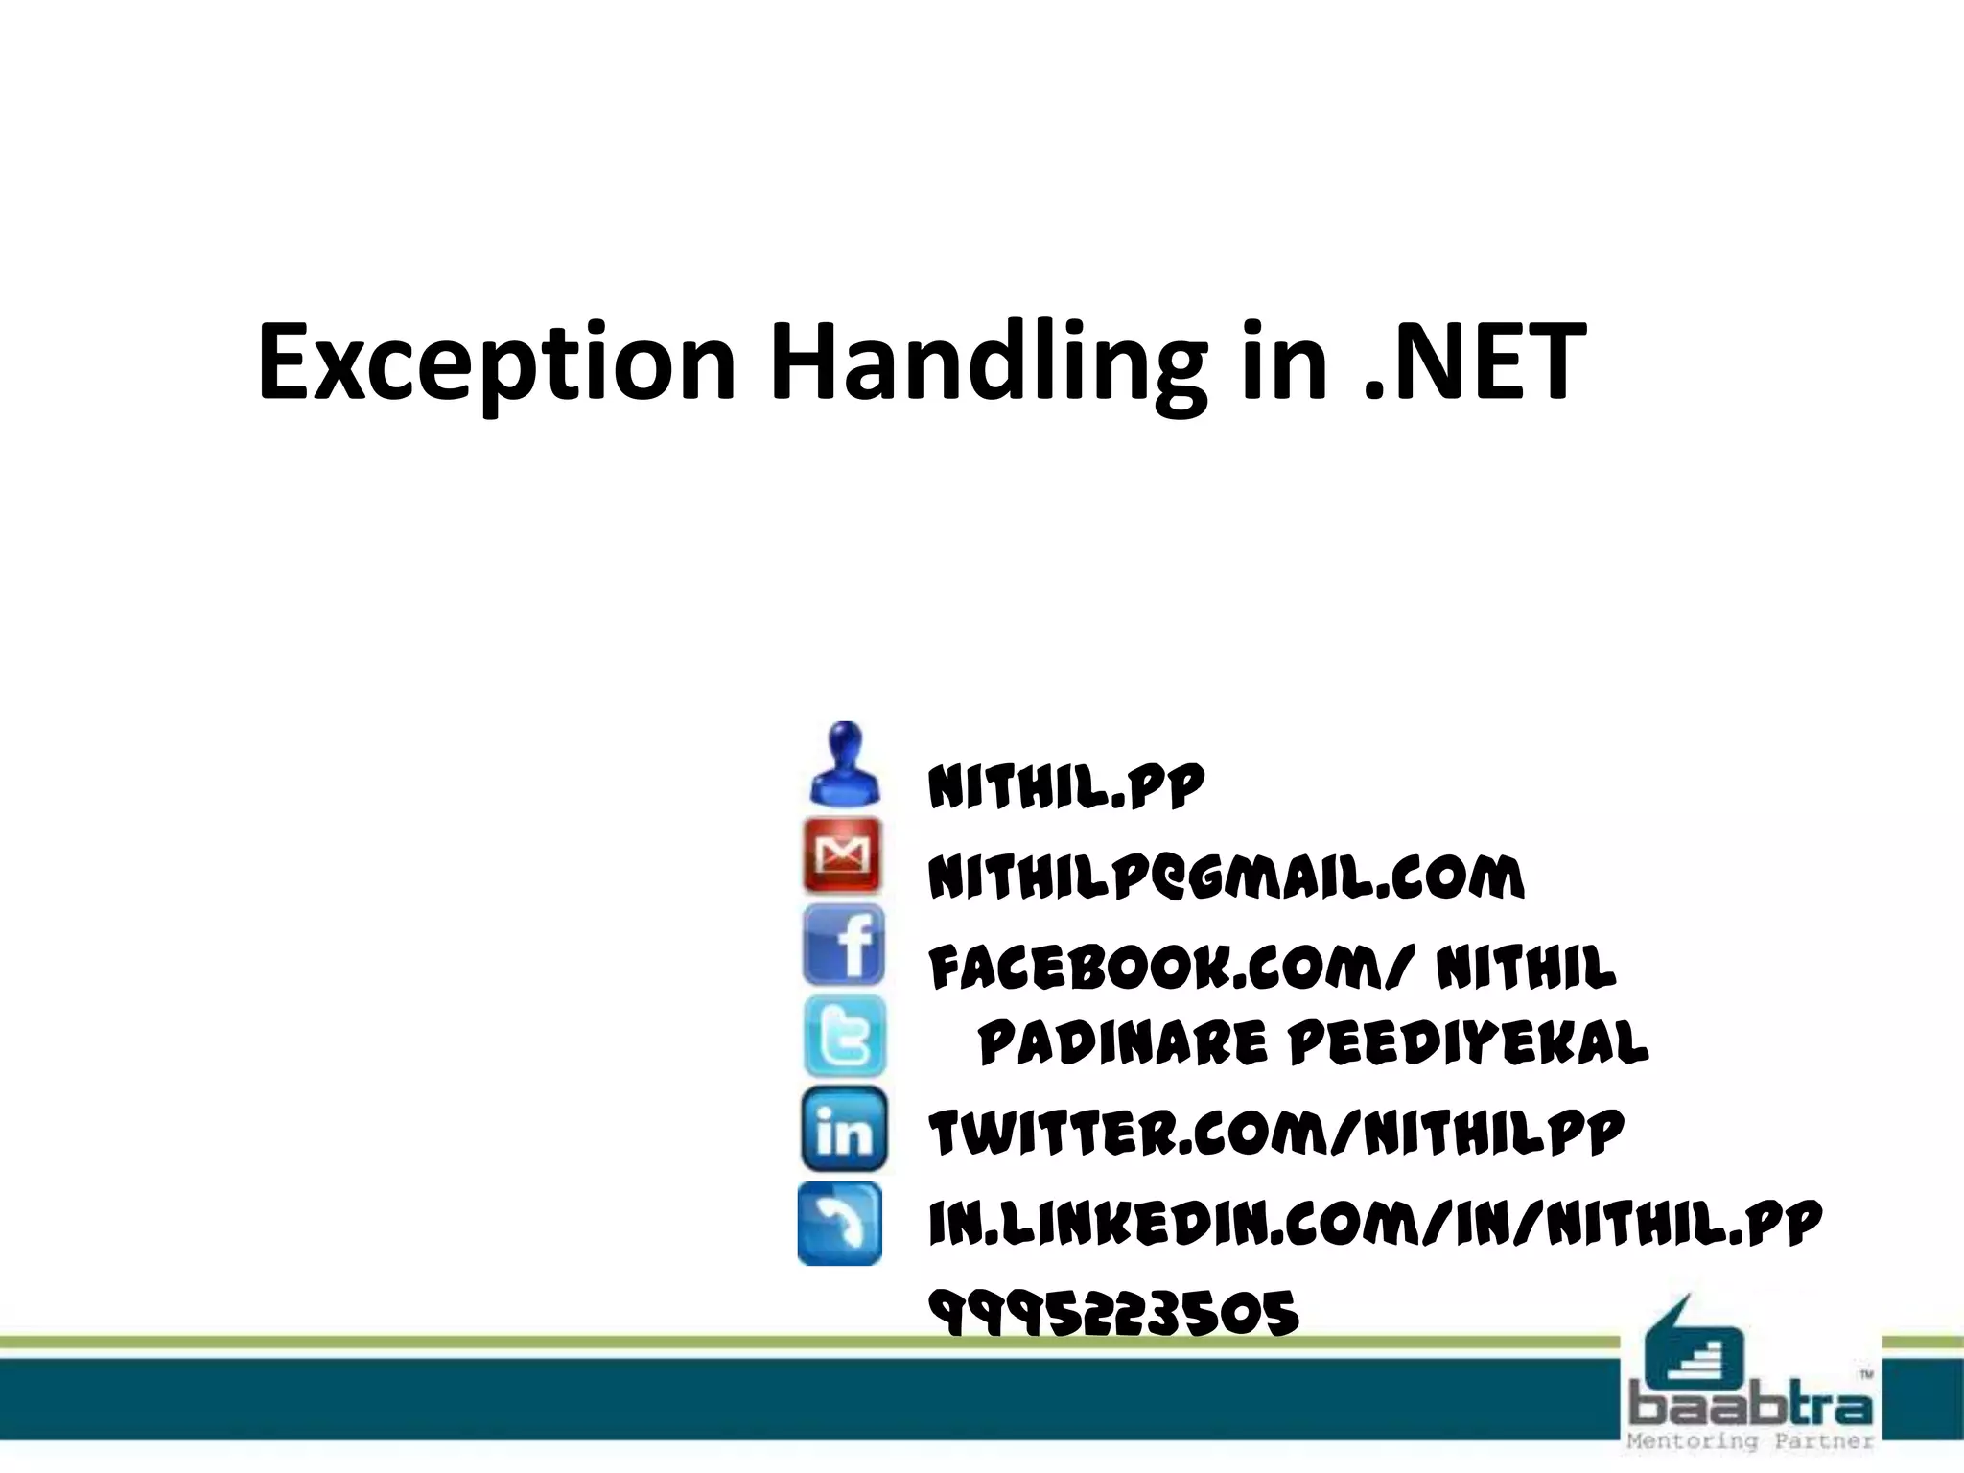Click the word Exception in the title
point(497,363)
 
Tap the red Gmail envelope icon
point(842,855)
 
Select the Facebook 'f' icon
point(843,946)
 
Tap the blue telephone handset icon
point(840,1223)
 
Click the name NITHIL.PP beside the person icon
point(1065,787)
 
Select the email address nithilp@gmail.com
point(1226,877)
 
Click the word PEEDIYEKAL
point(1468,1043)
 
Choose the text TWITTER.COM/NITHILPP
point(1276,1133)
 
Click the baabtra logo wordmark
point(1750,1406)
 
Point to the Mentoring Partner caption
point(1750,1441)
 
